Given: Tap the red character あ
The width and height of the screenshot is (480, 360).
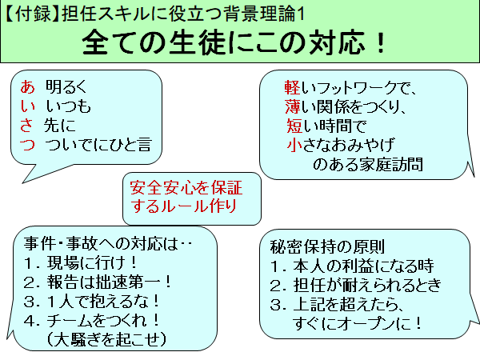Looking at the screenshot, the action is (x=26, y=85).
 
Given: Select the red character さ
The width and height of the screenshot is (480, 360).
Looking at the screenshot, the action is (x=26, y=126).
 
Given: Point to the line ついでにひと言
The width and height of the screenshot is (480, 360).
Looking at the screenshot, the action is (x=99, y=146).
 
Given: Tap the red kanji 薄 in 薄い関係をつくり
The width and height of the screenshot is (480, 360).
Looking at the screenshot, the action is (x=292, y=106).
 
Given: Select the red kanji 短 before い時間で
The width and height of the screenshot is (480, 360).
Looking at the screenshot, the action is (x=292, y=126).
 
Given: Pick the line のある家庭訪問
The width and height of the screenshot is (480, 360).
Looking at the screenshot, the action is (x=366, y=165).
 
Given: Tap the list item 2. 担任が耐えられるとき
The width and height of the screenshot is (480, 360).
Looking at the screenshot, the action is (x=356, y=286).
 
